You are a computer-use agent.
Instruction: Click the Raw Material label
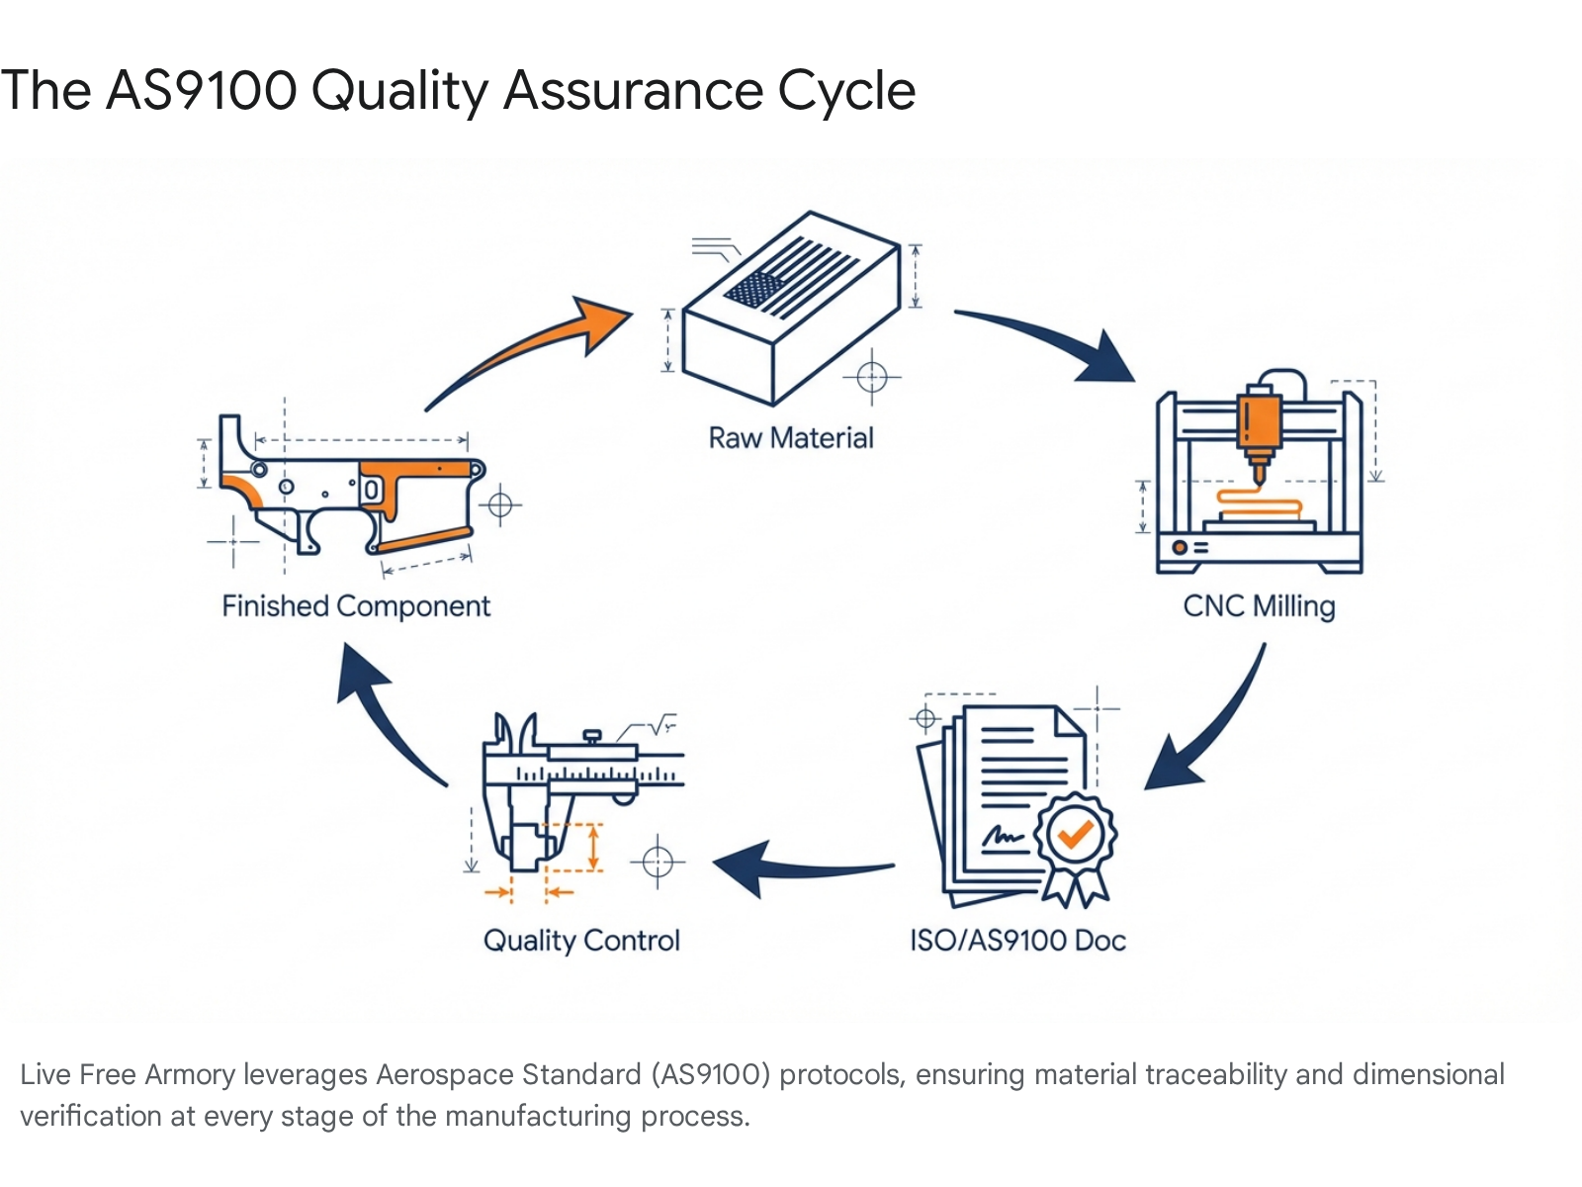(x=791, y=438)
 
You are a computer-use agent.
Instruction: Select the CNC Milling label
(x=1259, y=605)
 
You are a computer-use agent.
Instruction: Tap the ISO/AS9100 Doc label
(x=1017, y=940)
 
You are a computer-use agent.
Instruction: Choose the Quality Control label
(x=581, y=940)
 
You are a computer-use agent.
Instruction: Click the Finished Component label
(x=356, y=605)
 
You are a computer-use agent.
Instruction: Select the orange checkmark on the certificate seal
(x=1075, y=834)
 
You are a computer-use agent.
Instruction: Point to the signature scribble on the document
(x=1003, y=838)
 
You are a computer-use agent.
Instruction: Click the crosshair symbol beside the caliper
(x=658, y=862)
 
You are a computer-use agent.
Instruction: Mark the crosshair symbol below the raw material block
(x=871, y=377)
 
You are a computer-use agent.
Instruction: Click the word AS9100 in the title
(x=201, y=91)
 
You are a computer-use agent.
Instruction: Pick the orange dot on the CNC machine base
(x=1179, y=547)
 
